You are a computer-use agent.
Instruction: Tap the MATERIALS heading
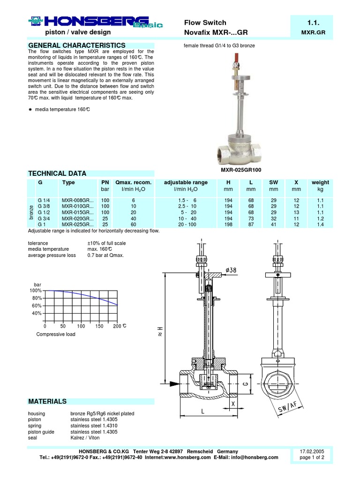(47, 401)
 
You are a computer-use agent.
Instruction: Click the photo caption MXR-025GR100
(240, 170)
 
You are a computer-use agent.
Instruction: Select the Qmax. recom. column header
(133, 182)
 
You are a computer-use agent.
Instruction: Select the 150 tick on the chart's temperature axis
(99, 326)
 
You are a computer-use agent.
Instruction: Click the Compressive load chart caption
(56, 334)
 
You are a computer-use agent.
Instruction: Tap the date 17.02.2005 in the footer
(312, 451)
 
